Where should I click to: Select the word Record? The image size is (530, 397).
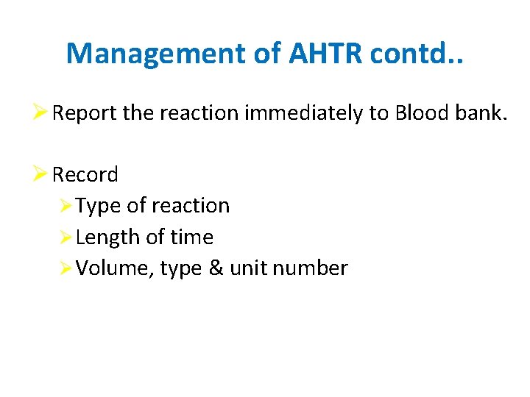(85, 175)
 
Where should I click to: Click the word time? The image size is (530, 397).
(191, 237)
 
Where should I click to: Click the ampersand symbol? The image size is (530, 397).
(216, 268)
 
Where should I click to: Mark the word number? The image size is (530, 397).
(310, 268)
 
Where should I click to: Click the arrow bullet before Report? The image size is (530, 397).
(42, 113)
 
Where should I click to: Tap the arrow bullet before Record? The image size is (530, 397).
(42, 175)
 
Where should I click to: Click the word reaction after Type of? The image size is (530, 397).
(191, 206)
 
